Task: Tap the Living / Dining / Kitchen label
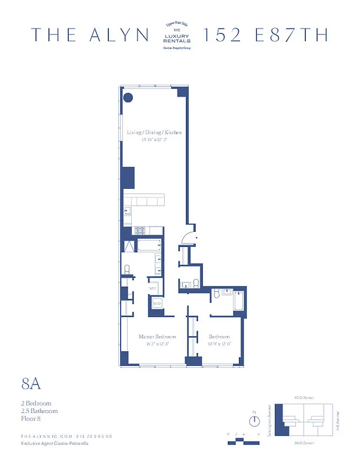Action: point(154,132)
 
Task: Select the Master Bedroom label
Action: point(157,337)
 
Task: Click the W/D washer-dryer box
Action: point(157,303)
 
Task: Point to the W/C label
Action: point(153,288)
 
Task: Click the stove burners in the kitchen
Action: point(140,231)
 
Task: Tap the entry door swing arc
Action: point(189,237)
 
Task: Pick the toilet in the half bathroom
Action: point(196,284)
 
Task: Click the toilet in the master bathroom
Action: point(126,270)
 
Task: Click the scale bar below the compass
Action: point(243,441)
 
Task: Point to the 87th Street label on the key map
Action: point(305,398)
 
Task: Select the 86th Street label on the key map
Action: point(305,444)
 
